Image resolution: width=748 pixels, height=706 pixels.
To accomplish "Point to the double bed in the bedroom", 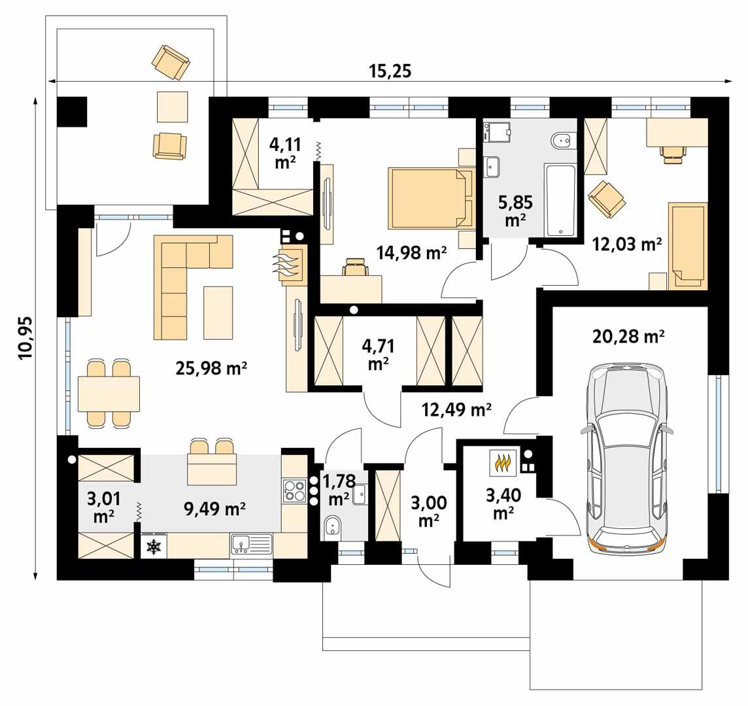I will pyautogui.click(x=430, y=198).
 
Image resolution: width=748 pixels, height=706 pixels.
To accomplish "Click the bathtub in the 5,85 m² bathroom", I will pyautogui.click(x=560, y=201).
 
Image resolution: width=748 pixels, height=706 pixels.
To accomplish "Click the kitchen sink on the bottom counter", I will pyautogui.click(x=251, y=545).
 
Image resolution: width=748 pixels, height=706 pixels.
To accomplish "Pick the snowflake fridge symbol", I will pyautogui.click(x=154, y=546).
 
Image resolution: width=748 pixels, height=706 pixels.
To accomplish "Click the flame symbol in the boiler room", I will pyautogui.click(x=502, y=463).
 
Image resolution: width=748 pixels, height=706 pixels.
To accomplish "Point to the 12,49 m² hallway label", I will pyautogui.click(x=456, y=410).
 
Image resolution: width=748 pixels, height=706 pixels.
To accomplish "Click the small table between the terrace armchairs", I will pyautogui.click(x=172, y=106).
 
